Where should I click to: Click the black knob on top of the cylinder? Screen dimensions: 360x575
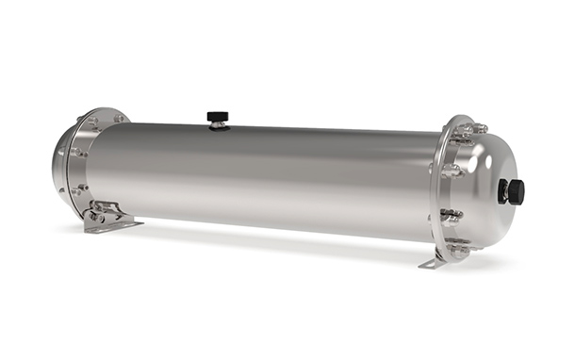[x=218, y=116]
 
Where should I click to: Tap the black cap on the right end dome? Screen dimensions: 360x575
[x=515, y=191]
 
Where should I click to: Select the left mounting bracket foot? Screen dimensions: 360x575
[x=110, y=224]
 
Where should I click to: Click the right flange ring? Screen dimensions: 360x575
[x=441, y=188]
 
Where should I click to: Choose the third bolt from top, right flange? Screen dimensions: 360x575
[x=452, y=214]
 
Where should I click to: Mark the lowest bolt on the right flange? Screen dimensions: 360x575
[x=459, y=249]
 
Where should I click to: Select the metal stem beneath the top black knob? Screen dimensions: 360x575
[x=218, y=125]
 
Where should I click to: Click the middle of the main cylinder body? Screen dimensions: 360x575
[x=264, y=179]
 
